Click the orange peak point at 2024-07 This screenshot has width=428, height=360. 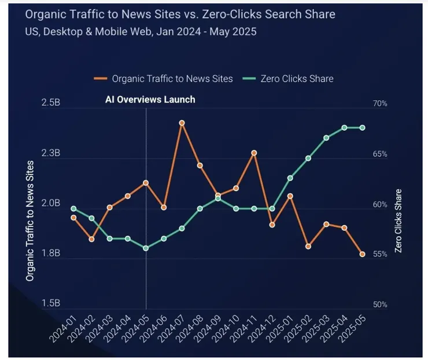182,123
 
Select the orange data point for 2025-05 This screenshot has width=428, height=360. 363,254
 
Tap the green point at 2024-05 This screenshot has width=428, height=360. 146,248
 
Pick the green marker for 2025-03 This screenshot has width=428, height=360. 326,138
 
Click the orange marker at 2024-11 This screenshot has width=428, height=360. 254,153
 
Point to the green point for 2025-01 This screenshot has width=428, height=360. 290,178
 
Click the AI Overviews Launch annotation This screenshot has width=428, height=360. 150,100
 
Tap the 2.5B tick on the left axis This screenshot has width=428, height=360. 51,103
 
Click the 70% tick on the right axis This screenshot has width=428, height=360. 380,104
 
